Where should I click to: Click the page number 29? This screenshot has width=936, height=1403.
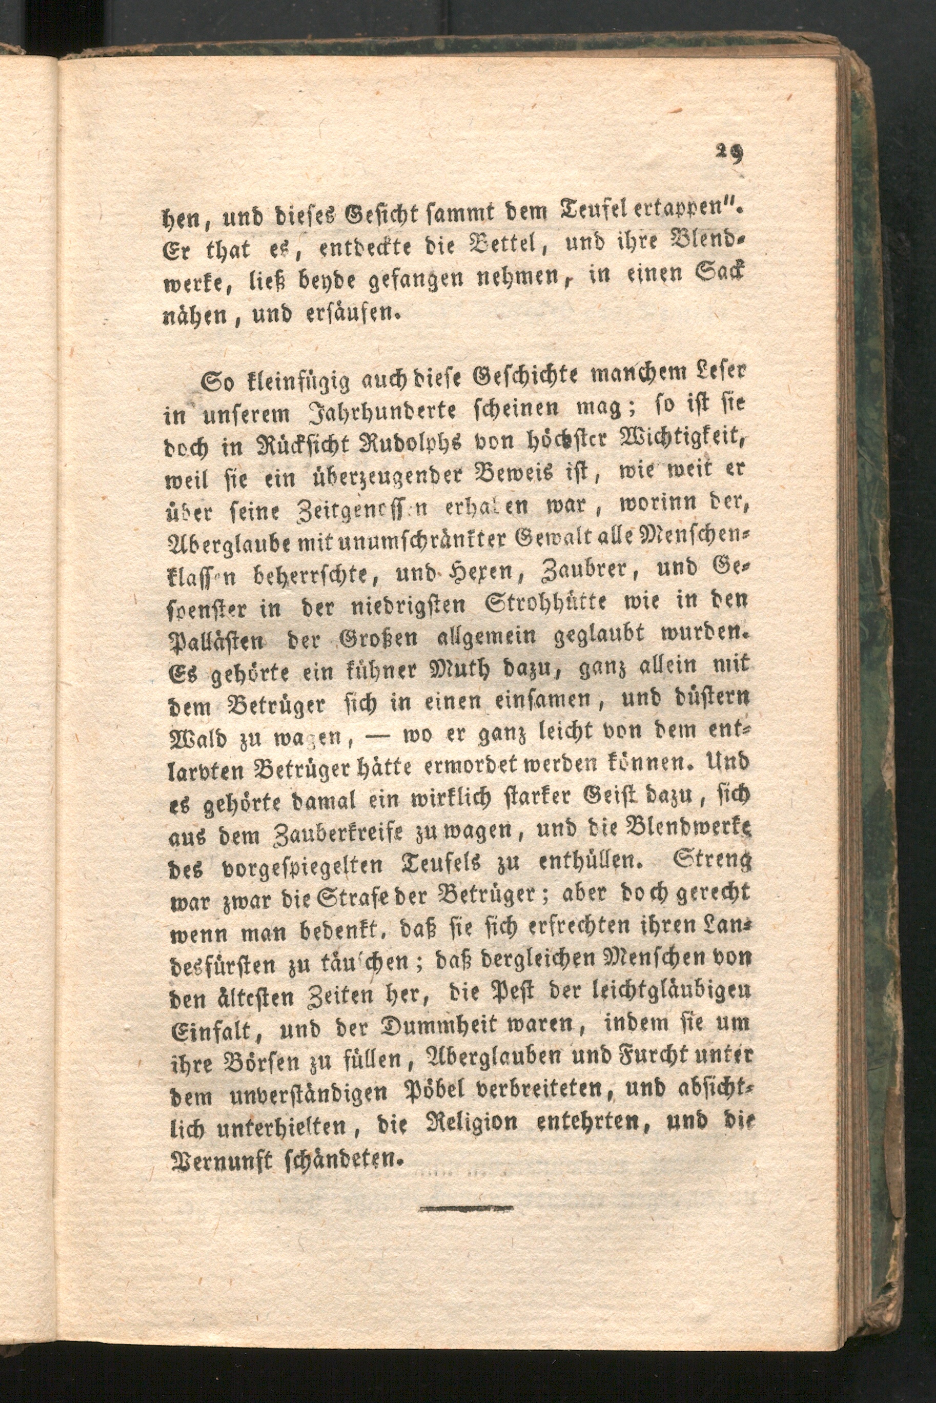730,155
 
